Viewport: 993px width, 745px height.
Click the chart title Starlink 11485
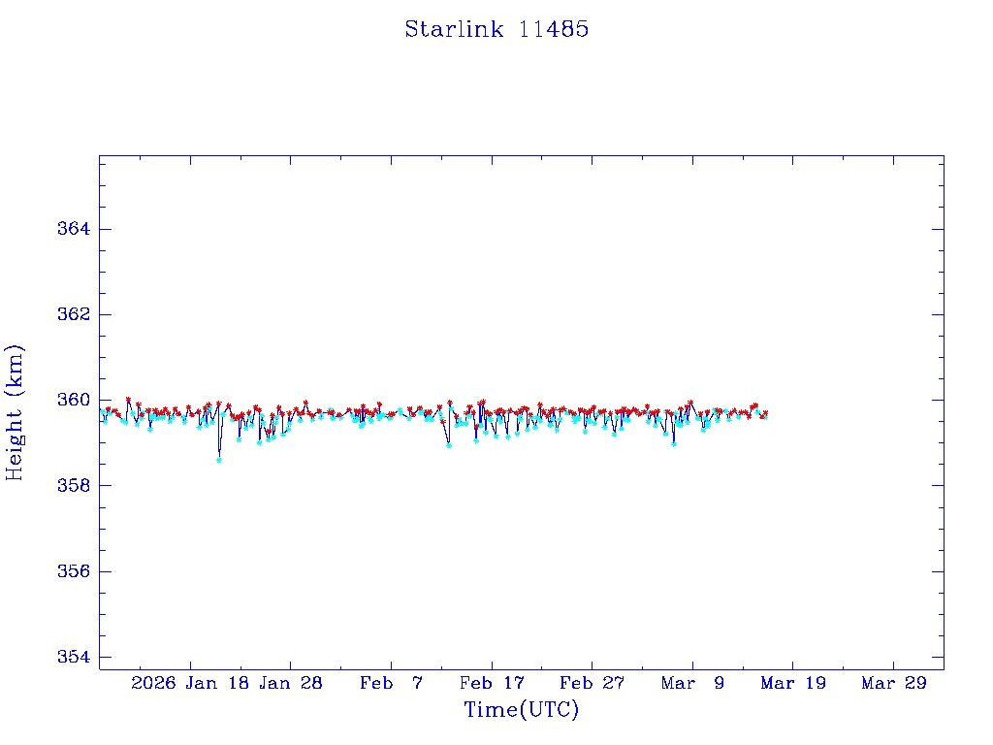(x=496, y=29)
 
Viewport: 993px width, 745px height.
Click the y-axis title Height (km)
(x=15, y=411)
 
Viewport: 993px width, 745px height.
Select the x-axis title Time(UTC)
(x=521, y=710)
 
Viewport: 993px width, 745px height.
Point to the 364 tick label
(x=75, y=229)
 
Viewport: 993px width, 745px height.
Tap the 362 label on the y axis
(x=75, y=314)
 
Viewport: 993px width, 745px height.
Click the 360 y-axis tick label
(x=75, y=400)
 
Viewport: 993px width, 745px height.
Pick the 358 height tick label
(x=75, y=485)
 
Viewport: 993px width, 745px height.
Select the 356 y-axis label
(x=75, y=571)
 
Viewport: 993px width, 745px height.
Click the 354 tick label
(x=75, y=657)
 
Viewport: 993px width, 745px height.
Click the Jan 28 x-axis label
(x=290, y=683)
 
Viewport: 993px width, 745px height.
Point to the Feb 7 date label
(x=391, y=683)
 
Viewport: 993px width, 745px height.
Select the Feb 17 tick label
(x=492, y=683)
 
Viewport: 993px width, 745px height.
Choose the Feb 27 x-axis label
(x=593, y=683)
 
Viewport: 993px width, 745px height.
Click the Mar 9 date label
(x=692, y=683)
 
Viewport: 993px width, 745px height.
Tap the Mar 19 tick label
(x=793, y=683)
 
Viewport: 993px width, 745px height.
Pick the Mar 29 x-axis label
(x=894, y=683)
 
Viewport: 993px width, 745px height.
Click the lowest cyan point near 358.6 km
(x=219, y=460)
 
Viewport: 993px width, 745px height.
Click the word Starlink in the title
(x=454, y=29)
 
